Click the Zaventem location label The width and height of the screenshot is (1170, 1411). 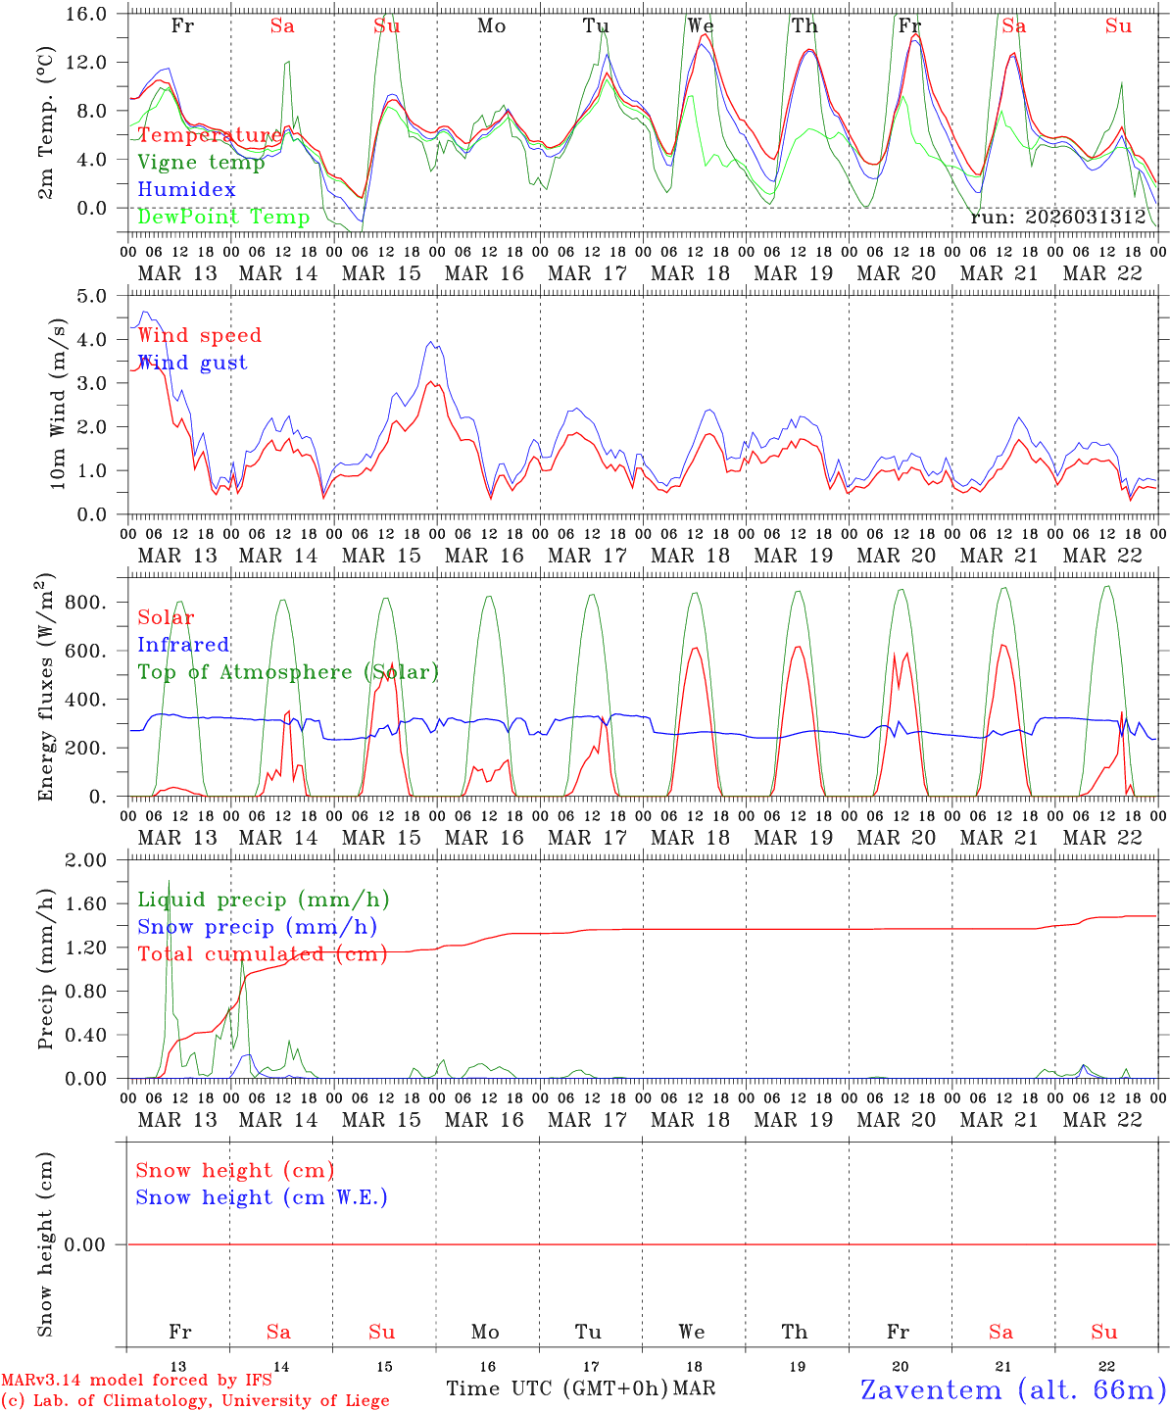point(1013,1389)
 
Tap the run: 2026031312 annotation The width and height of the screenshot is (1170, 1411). point(1057,217)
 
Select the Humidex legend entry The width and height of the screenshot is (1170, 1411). point(186,189)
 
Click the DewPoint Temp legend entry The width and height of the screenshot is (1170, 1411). point(223,217)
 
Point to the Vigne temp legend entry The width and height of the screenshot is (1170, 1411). point(201,163)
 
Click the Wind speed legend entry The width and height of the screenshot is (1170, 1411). point(199,335)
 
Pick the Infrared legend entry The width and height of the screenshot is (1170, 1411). point(183,645)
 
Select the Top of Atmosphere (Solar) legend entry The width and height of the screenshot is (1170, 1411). point(287,672)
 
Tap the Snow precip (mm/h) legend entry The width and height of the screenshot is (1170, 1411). point(257,927)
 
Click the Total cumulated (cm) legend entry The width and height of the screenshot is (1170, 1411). point(262,953)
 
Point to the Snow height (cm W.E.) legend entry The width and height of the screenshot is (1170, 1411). point(261,1197)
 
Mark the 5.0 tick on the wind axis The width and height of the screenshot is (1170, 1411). point(92,296)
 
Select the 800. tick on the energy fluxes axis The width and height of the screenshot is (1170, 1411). point(85,603)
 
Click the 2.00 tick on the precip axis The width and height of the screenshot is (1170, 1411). point(85,860)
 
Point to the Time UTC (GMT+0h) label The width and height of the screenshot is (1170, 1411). point(558,1388)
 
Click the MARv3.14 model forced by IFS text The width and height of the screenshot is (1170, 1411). point(136,1380)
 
